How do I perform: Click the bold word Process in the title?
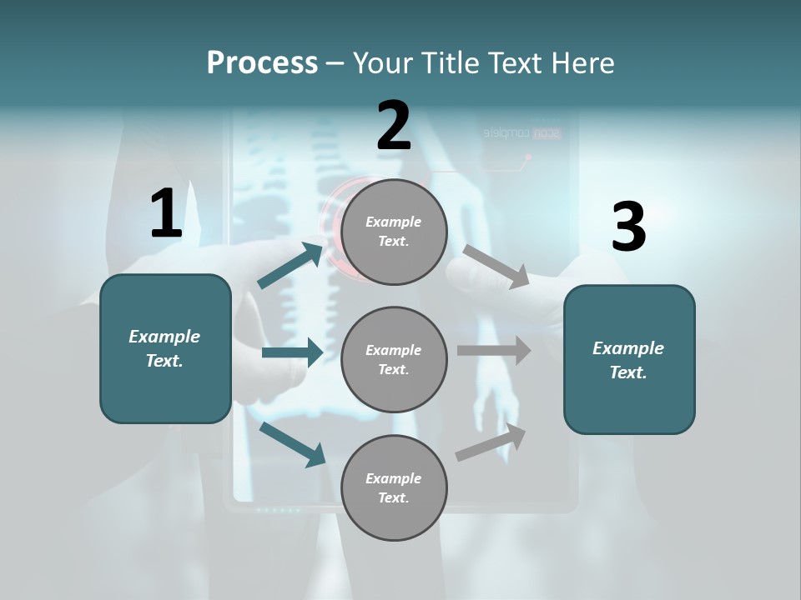(262, 63)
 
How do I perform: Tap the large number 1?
(166, 213)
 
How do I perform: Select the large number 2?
(394, 127)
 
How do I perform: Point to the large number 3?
(628, 227)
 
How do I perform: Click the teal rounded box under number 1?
(165, 348)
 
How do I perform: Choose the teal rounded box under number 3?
(629, 359)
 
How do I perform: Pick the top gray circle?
(394, 232)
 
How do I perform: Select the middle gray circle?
(394, 359)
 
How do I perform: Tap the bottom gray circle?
(394, 487)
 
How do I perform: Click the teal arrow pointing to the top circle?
(290, 265)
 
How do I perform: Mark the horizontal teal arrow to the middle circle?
(292, 352)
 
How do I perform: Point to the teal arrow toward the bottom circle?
(292, 443)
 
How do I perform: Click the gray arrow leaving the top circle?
(496, 266)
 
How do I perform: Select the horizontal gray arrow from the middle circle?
(494, 351)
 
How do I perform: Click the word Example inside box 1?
(164, 337)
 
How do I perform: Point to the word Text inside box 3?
(627, 372)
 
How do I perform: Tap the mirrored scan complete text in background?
(521, 133)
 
